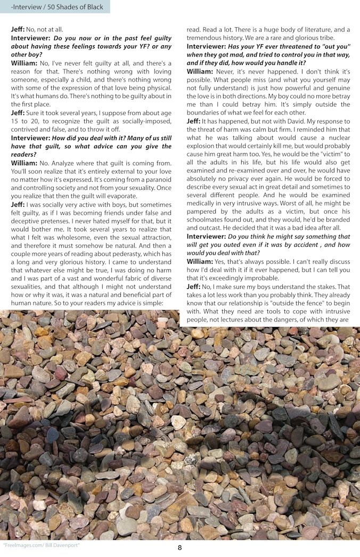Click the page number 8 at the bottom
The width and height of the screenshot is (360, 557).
click(180, 547)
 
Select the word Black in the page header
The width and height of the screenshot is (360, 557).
click(95, 6)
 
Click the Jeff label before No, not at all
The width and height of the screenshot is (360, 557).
click(18, 29)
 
